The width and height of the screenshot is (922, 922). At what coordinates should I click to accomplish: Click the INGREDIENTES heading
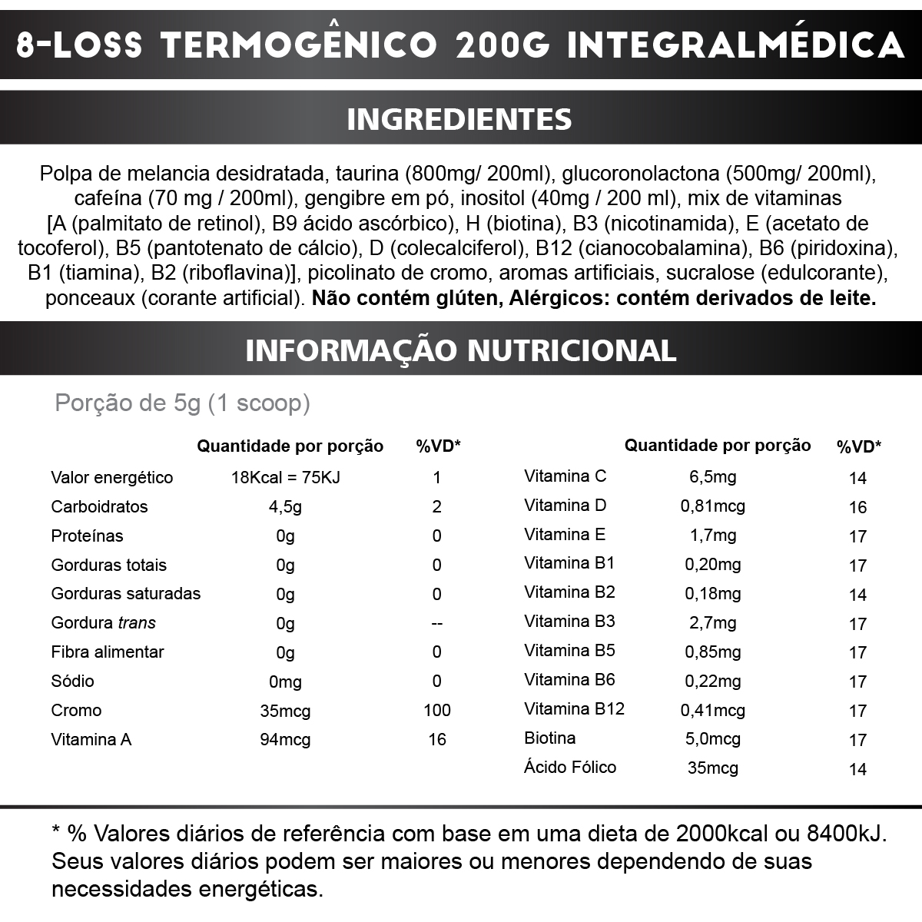coord(459,119)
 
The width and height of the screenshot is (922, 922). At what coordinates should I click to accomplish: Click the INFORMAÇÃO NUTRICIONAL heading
coord(460,350)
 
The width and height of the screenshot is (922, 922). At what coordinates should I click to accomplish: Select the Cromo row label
coord(76,710)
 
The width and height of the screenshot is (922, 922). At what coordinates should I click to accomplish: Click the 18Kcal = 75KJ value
coord(285,477)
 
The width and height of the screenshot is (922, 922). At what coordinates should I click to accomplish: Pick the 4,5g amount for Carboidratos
coord(285,506)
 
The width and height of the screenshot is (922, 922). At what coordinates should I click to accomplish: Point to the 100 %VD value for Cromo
coord(436,710)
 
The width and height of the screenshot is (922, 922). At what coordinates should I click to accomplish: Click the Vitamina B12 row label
coord(574,708)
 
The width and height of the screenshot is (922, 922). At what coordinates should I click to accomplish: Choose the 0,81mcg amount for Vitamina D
coord(712,506)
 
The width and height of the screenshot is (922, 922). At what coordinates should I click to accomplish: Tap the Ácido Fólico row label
coord(569,767)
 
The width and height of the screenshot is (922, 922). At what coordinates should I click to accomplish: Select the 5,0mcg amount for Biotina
coord(712,738)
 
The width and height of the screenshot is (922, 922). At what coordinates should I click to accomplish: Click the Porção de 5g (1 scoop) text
coord(182,403)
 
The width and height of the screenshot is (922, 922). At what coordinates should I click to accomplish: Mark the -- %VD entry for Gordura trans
coord(436,623)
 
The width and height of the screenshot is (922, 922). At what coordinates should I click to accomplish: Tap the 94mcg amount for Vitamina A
coord(285,739)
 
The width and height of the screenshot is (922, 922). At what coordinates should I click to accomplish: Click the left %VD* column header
coord(437,446)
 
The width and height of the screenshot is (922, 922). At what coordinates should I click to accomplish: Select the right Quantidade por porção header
coord(717,445)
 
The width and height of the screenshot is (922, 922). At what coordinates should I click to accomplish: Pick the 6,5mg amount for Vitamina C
coord(712,476)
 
